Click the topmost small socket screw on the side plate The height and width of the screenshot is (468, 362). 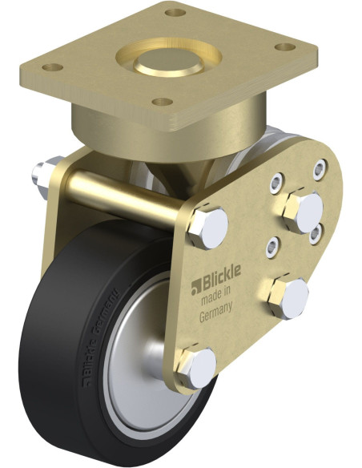point(319,169)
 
